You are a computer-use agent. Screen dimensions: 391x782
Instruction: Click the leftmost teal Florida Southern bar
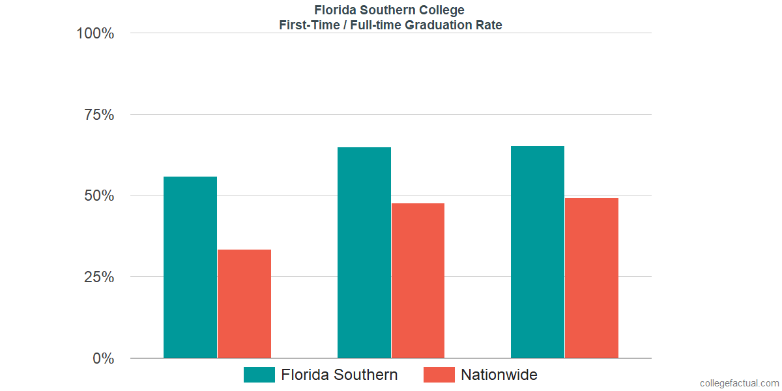pos(190,267)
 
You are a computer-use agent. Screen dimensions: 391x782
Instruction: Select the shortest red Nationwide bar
pos(244,304)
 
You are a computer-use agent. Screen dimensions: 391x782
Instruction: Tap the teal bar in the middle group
pos(364,253)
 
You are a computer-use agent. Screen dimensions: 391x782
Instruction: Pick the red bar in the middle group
pos(418,280)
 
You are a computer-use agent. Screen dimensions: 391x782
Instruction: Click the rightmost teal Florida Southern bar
pos(538,252)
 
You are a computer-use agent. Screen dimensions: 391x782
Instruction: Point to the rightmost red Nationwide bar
pos(592,278)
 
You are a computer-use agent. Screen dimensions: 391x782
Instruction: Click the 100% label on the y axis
pos(95,33)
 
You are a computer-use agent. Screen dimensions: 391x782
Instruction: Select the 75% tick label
pos(99,115)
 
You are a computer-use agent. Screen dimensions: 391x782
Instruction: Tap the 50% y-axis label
pos(99,196)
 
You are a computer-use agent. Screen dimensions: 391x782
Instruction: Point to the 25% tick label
pos(99,277)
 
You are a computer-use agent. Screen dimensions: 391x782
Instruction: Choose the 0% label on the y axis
pos(103,358)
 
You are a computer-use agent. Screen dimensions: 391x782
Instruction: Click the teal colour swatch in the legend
pos(259,375)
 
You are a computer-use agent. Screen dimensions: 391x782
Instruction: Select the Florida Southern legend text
pos(340,375)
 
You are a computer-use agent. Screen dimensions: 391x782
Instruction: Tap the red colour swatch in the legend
pos(439,375)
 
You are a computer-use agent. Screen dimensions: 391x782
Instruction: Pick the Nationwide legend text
pos(499,375)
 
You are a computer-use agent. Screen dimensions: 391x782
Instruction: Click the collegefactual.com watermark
pos(739,383)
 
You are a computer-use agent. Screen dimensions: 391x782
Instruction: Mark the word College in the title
pos(442,10)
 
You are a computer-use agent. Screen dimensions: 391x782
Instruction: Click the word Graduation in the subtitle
pos(443,25)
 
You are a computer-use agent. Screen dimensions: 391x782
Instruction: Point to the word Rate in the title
pos(489,25)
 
